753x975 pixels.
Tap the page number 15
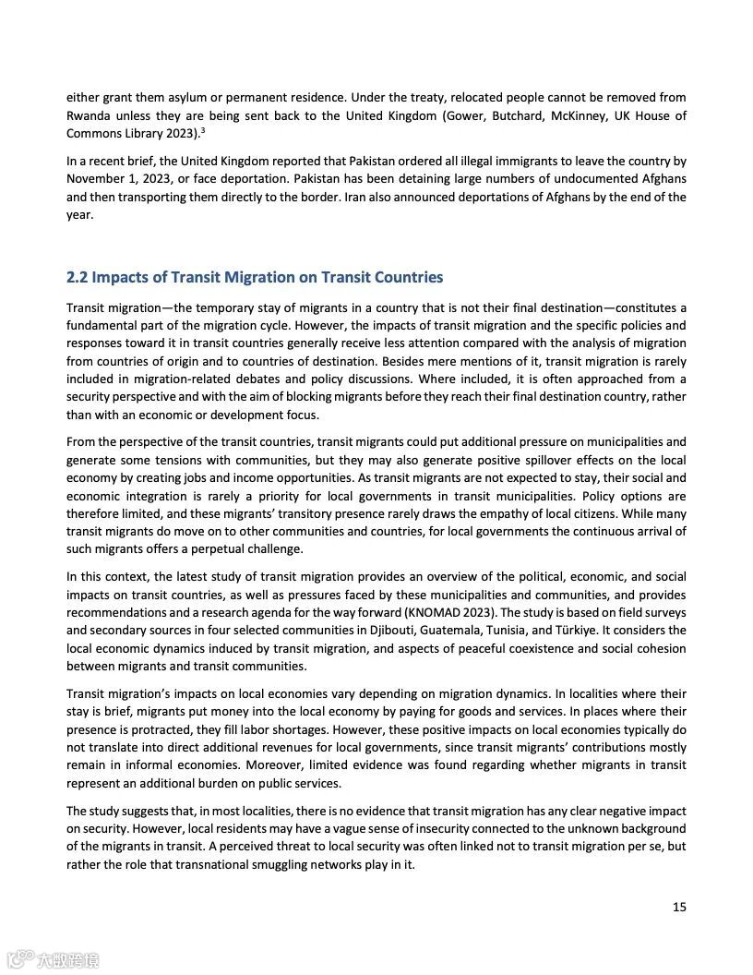pyautogui.click(x=678, y=907)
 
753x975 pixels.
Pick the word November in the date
pyautogui.click(x=96, y=179)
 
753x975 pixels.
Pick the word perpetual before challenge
pyautogui.click(x=229, y=549)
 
